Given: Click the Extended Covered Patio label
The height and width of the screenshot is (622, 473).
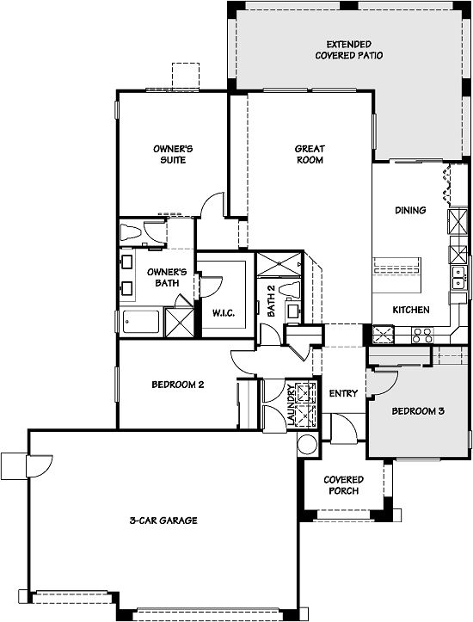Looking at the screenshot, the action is coord(349,50).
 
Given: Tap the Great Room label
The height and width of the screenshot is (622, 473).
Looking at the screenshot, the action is coord(310,154).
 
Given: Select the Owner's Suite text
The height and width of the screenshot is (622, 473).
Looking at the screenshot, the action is coord(173,154).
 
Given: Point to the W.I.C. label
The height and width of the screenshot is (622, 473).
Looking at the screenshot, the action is coord(224,313).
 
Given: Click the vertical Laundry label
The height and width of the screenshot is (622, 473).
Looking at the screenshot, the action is coord(291,404).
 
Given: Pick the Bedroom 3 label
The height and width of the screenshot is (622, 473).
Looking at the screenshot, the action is coord(418,411).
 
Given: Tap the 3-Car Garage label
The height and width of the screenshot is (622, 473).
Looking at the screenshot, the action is coord(163,520).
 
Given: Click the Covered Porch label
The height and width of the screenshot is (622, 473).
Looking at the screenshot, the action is coord(343,485).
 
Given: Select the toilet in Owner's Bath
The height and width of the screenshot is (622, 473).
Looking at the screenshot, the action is coord(130,232).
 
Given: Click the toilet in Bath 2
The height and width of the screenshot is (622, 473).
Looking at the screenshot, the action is coord(289,290).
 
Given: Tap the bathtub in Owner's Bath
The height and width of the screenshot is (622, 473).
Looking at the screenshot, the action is coord(141,322).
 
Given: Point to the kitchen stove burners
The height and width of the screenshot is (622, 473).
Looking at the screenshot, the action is coord(422,336).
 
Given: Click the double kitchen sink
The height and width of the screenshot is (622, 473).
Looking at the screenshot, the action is coord(459,277).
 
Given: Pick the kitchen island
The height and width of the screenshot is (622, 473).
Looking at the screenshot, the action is coord(396,274).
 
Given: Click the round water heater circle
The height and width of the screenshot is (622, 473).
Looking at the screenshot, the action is coord(308,445).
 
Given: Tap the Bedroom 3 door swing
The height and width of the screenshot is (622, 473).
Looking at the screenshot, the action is coord(383,383).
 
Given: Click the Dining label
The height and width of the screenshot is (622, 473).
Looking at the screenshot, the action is coord(410,210).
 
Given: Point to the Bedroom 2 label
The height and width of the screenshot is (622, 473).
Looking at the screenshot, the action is coord(178,385).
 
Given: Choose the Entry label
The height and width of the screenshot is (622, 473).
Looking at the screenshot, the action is coord(343,393).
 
